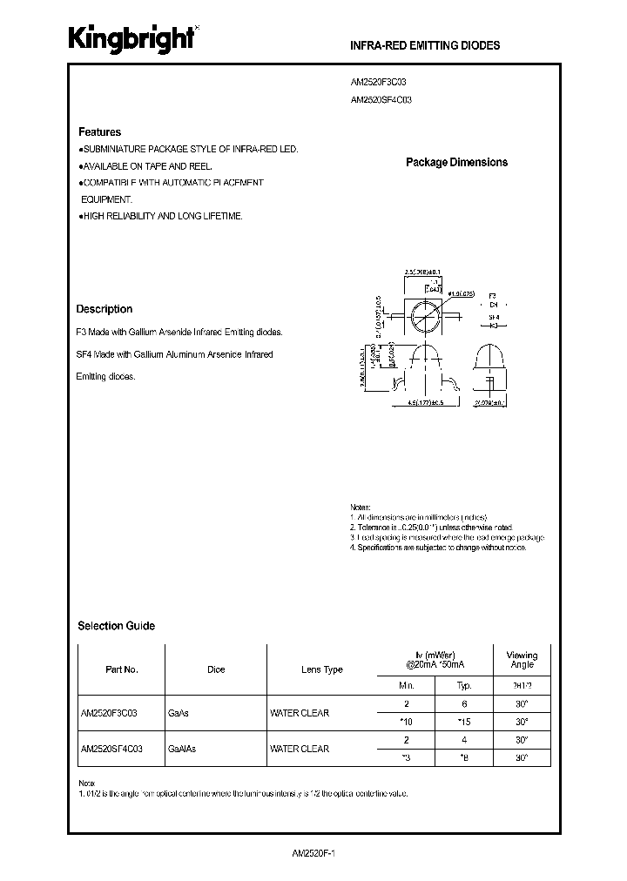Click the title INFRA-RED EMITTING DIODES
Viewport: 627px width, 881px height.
tap(425, 45)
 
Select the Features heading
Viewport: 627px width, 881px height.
tap(100, 132)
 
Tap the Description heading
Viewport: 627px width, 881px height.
tap(104, 309)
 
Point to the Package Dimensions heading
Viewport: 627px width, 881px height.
tap(456, 162)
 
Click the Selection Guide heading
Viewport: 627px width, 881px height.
tap(117, 625)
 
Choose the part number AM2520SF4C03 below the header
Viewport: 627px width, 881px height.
tap(381, 99)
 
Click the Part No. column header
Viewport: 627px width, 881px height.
tap(122, 669)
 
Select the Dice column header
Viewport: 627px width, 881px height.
tap(216, 669)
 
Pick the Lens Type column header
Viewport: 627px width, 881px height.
tap(322, 669)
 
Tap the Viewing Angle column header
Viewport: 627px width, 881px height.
tap(522, 660)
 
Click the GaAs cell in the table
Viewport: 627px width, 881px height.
tap(179, 713)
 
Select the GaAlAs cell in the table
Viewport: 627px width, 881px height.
tap(182, 749)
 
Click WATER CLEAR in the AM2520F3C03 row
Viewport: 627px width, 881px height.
tap(300, 713)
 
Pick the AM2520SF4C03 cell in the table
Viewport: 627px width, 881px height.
tap(112, 749)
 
